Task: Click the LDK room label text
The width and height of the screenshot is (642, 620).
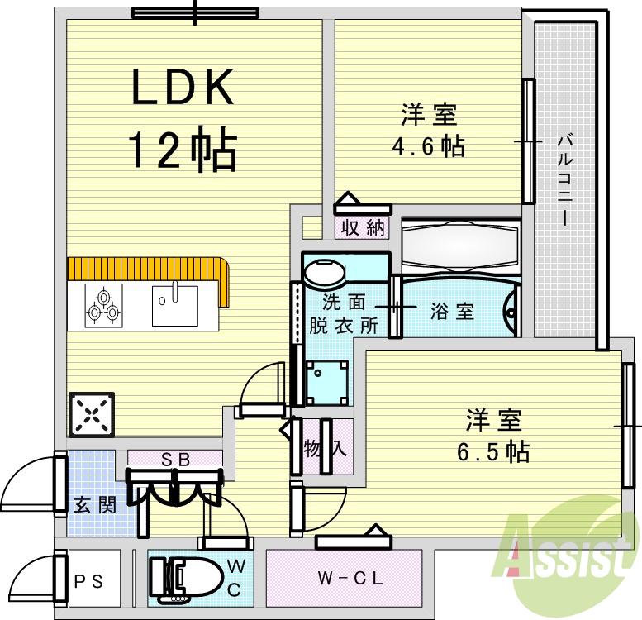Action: pyautogui.click(x=183, y=87)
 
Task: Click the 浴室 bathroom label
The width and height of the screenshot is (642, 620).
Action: pyautogui.click(x=452, y=312)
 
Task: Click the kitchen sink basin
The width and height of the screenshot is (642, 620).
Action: pyautogui.click(x=174, y=305)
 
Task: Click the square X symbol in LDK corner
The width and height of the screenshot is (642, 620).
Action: pyautogui.click(x=92, y=413)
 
